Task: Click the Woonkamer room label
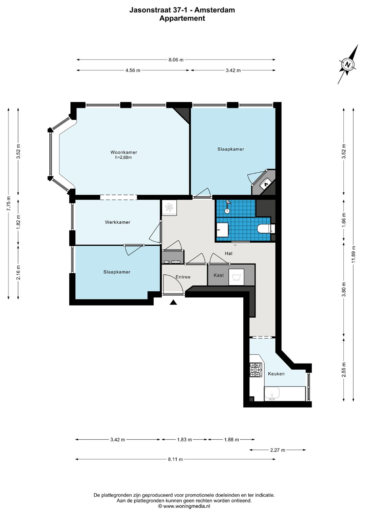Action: [x=124, y=152]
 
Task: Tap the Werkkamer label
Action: [x=118, y=222]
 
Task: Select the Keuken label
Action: [x=276, y=374]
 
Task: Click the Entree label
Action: [x=183, y=277]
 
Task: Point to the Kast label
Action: [x=219, y=275]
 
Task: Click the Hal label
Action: [x=228, y=253]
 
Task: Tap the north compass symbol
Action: [x=348, y=64]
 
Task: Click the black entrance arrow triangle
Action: [x=173, y=302]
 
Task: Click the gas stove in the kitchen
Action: [x=256, y=370]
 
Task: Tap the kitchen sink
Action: [x=272, y=394]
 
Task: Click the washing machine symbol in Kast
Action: [x=236, y=277]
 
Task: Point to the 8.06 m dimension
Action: [x=176, y=60]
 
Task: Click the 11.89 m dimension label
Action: [x=354, y=254]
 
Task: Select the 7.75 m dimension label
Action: [x=8, y=203]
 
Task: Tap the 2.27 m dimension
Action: [x=278, y=450]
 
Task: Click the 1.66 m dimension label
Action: [x=344, y=220]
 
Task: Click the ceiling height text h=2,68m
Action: [x=123, y=157]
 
